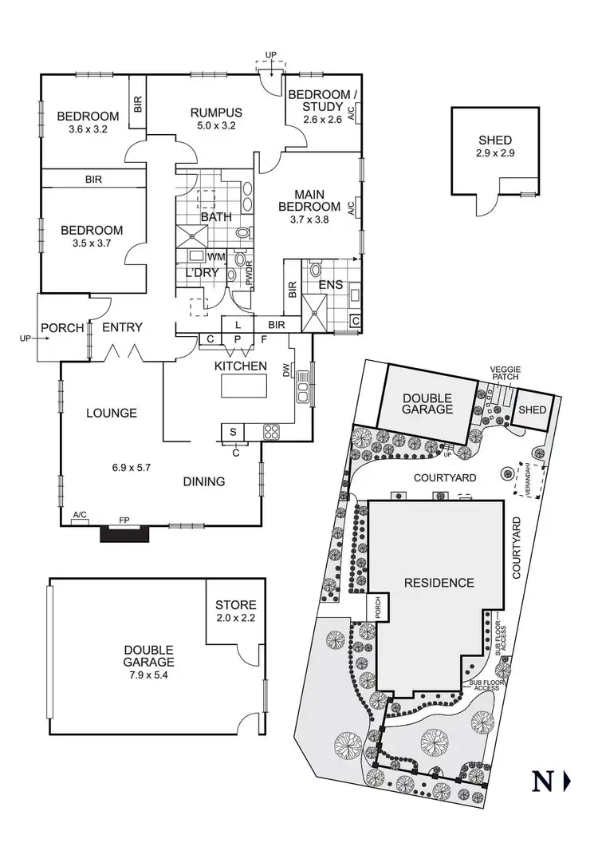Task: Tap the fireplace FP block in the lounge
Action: coord(124,532)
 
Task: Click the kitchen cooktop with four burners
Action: coord(272,432)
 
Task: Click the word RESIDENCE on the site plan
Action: coord(439,582)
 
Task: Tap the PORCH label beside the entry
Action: coord(62,327)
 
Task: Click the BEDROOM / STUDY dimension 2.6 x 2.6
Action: coord(322,120)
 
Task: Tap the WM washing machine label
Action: coord(215,257)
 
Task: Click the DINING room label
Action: coord(204,481)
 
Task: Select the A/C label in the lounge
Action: coord(80,515)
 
